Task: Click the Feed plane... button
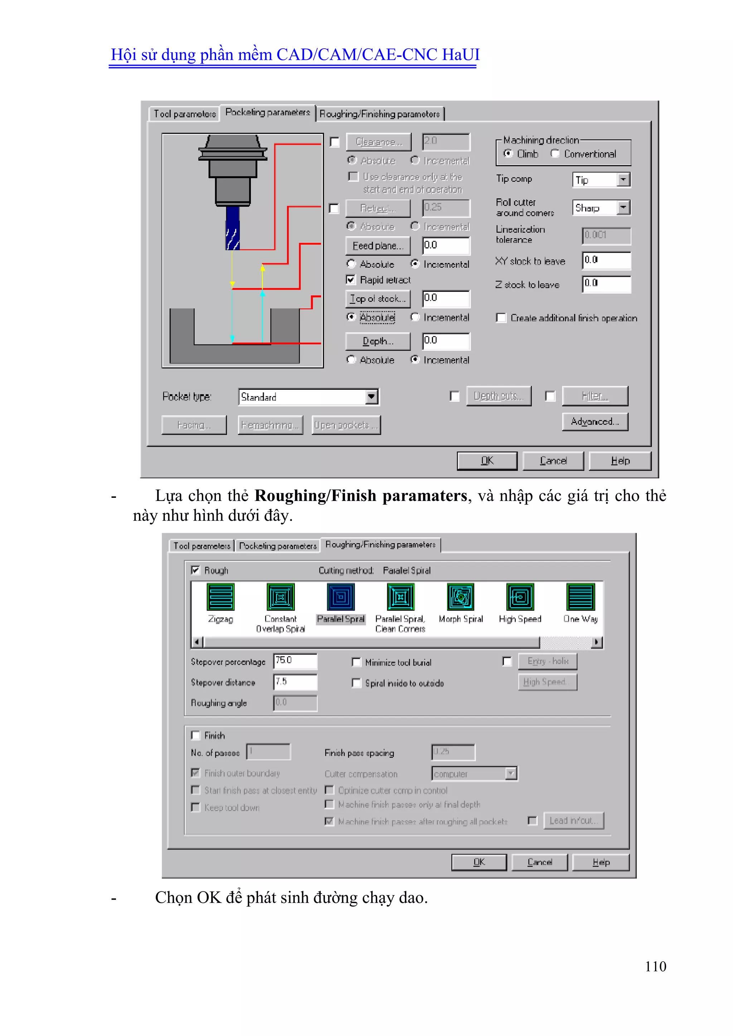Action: click(378, 246)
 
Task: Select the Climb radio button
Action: click(508, 154)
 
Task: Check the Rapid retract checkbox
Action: click(351, 280)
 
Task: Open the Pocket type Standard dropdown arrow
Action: click(372, 397)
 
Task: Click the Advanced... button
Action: click(594, 422)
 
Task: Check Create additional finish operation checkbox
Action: click(501, 318)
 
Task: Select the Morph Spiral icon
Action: click(460, 597)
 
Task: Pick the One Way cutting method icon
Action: click(581, 597)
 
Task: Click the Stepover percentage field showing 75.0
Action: click(295, 661)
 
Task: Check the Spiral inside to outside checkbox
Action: click(356, 683)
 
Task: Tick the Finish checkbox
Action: click(195, 735)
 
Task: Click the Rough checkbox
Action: click(195, 570)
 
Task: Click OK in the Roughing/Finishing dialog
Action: click(479, 862)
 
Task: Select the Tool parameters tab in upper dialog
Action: click(185, 114)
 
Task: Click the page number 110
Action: click(655, 967)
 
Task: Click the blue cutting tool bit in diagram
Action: click(232, 228)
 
